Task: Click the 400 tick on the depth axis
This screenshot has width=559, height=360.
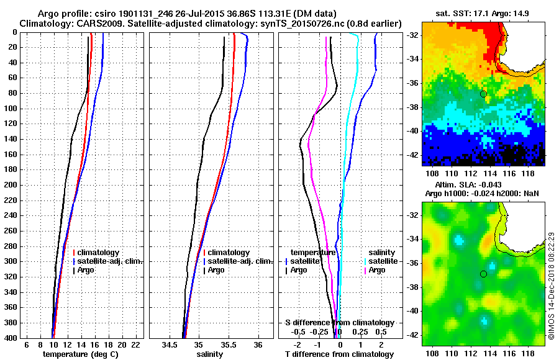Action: click(x=11, y=338)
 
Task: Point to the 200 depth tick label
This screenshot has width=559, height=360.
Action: click(x=11, y=185)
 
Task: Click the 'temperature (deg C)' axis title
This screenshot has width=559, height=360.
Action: click(x=80, y=354)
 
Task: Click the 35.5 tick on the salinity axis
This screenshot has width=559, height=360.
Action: click(x=229, y=344)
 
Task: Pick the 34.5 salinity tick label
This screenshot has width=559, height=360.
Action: click(x=170, y=344)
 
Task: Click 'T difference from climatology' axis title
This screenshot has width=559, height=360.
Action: click(x=340, y=354)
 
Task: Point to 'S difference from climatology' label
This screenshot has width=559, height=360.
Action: click(x=340, y=323)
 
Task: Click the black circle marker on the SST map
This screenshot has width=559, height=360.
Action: click(x=483, y=94)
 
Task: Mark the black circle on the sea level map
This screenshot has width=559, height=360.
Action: click(x=483, y=274)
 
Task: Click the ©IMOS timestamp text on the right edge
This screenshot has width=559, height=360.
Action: click(x=551, y=286)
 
